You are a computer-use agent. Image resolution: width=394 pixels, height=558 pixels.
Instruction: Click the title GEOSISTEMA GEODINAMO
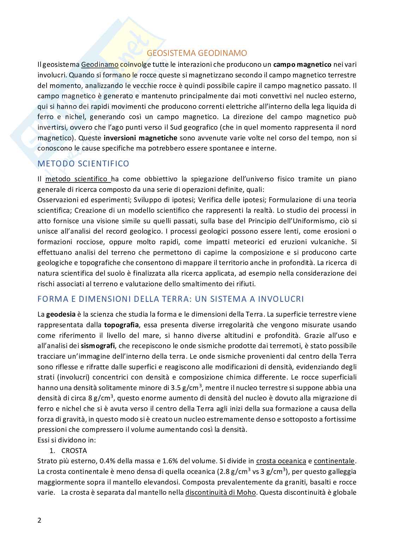(197, 53)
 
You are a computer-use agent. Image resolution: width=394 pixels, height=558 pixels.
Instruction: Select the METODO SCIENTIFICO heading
(83, 164)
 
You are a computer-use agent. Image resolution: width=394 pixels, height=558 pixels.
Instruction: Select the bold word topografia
(121, 325)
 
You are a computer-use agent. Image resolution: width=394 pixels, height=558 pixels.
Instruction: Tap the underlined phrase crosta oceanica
(281, 461)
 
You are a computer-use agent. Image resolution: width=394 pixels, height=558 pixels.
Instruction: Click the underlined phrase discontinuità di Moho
(220, 492)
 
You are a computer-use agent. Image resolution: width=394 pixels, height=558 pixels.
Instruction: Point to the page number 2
(40, 520)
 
